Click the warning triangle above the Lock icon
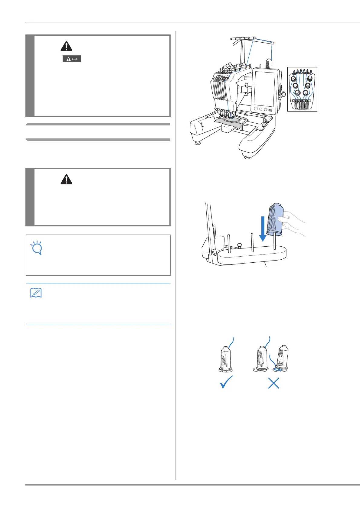[x=66, y=46]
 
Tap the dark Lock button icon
[x=72, y=59]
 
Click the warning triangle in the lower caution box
[x=66, y=180]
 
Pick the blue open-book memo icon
[x=36, y=293]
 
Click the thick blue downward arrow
[x=263, y=229]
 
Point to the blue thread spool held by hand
[x=275, y=219]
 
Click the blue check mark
[x=226, y=382]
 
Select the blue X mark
[x=273, y=383]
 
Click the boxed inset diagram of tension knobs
[x=302, y=89]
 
